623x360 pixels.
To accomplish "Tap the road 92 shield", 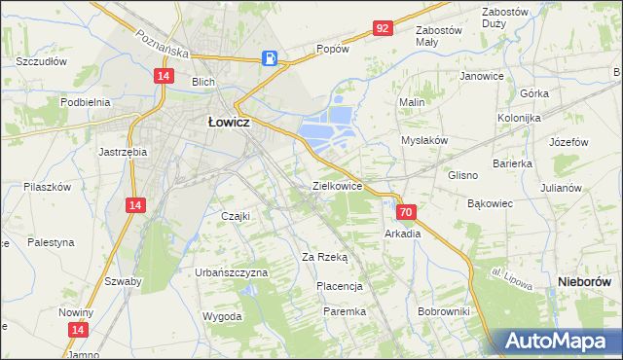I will point(382,29).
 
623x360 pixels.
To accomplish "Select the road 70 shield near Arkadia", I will point(407,212).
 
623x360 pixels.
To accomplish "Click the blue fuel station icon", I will point(271,58).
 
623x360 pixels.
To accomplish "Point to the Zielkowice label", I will point(337,185).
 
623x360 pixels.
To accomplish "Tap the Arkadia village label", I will point(403,234).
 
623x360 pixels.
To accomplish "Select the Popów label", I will point(332,49).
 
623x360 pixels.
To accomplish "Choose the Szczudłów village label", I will point(41,61).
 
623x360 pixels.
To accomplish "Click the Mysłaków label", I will point(424,140).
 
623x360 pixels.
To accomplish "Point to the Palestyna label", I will point(51,241).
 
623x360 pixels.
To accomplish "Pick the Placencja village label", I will point(339,286).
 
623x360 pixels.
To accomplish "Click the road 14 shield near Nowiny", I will point(76,331).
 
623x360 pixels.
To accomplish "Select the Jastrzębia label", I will point(123,152).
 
